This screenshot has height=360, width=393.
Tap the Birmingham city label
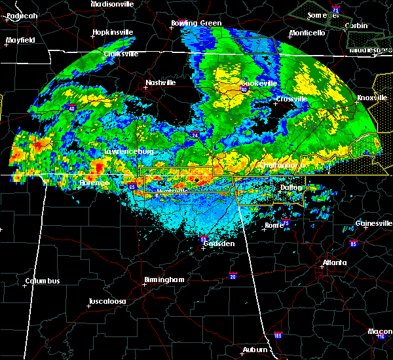[164, 279]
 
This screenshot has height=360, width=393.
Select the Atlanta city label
[335, 263]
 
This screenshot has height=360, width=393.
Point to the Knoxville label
[370, 98]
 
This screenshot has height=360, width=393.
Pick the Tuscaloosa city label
[107, 302]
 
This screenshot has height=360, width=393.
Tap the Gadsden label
[219, 243]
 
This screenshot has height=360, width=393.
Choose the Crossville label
[291, 99]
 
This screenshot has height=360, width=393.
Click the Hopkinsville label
[113, 32]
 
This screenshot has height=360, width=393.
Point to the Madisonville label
[112, 4]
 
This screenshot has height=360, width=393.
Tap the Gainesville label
[374, 223]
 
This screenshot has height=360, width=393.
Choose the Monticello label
[307, 33]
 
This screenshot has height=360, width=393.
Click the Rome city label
[274, 225]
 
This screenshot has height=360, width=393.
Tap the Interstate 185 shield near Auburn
[278, 336]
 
